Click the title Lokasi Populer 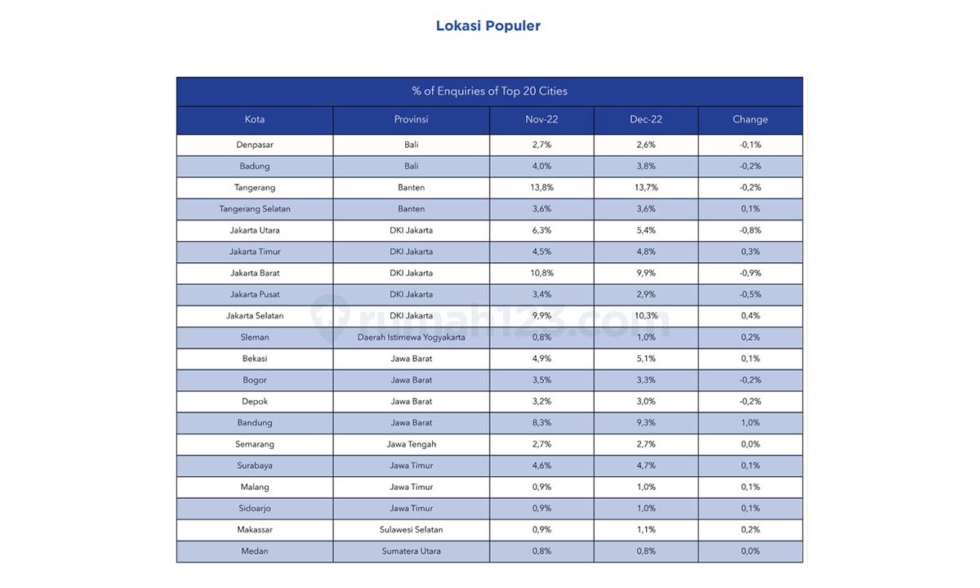(x=488, y=26)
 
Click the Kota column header (x=255, y=119)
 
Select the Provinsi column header (x=412, y=119)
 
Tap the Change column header (x=751, y=119)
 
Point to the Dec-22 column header (x=646, y=119)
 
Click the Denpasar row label (x=255, y=145)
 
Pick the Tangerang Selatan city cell (x=255, y=209)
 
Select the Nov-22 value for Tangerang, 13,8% (x=542, y=188)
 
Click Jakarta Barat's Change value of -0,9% (x=751, y=273)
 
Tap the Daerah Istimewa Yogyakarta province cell (x=412, y=337)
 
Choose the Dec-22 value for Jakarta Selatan (x=646, y=316)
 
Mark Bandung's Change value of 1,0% (x=751, y=423)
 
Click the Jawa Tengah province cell (x=412, y=444)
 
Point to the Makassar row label (x=255, y=530)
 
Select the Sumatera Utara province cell (x=412, y=551)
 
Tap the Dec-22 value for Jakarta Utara (x=646, y=230)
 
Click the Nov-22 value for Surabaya (x=542, y=466)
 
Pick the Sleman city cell (x=255, y=337)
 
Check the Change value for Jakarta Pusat (x=751, y=295)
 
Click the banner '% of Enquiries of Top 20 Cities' (x=489, y=91)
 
